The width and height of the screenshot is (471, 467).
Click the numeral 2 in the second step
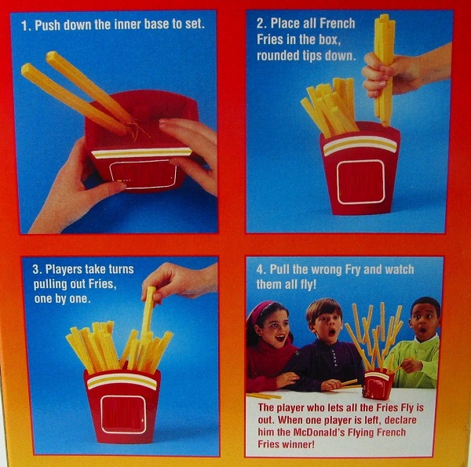click(261, 24)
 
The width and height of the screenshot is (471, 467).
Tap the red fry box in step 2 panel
click(360, 169)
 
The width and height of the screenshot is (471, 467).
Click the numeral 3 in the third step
click(36, 268)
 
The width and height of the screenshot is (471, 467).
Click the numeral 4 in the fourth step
click(261, 270)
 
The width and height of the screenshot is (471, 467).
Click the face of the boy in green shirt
click(424, 322)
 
